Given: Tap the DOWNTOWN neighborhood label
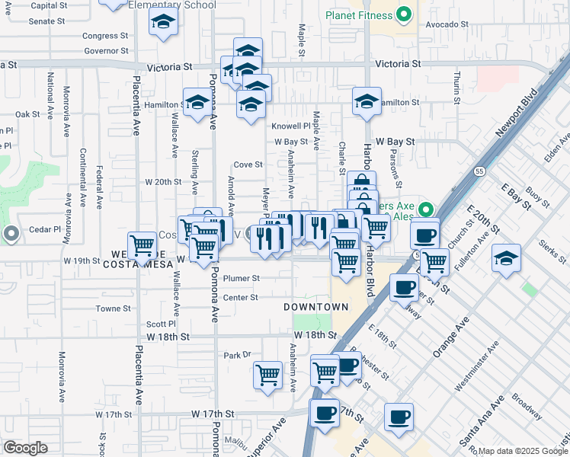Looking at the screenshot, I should tap(315, 307).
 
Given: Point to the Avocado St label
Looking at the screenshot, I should tap(447, 24).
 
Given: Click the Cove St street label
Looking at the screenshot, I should tap(248, 165).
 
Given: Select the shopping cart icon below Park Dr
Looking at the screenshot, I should tap(267, 375).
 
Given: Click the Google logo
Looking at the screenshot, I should tap(25, 448).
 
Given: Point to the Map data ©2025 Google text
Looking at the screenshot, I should tap(523, 451).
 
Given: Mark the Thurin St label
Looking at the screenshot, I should tap(456, 88).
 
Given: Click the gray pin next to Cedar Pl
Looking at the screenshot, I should tap(11, 233).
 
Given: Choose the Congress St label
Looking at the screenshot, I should tap(105, 36).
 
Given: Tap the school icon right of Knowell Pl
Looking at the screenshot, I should tap(367, 101).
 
